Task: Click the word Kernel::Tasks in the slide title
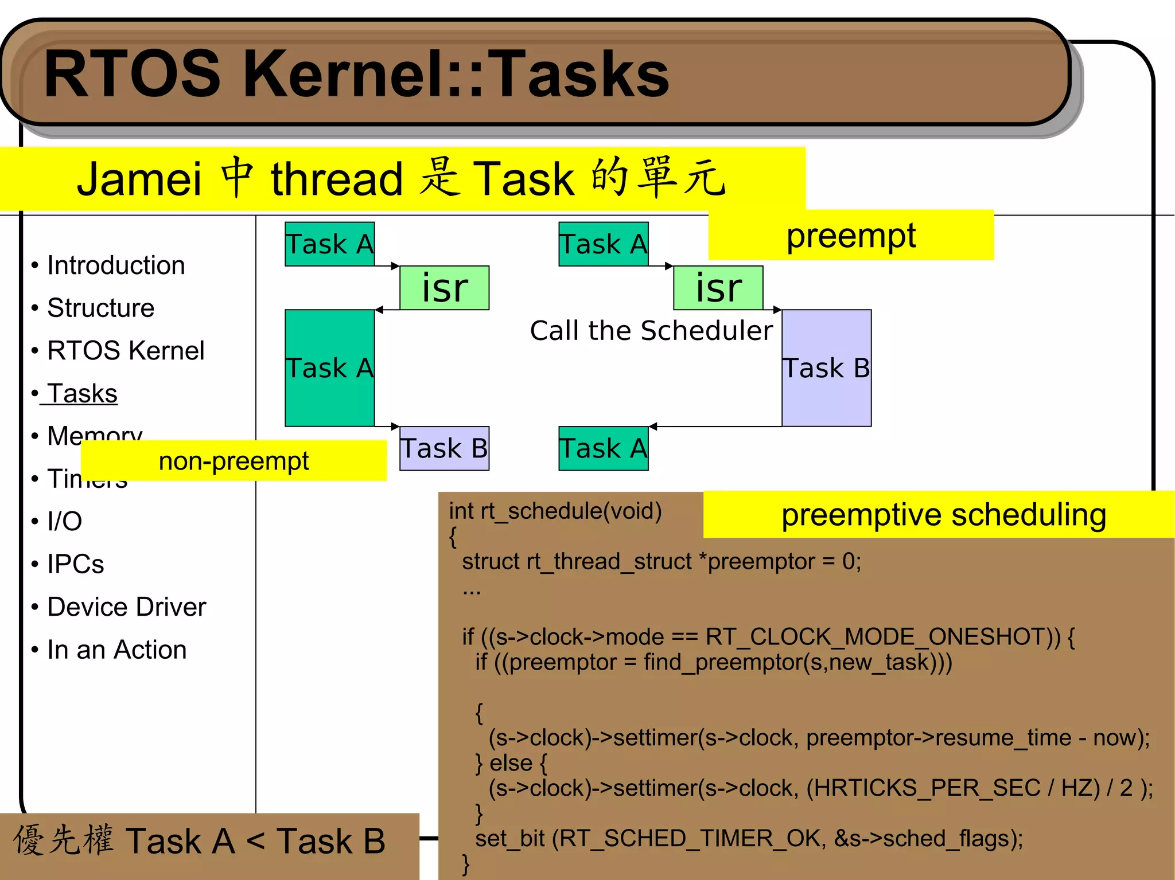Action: point(456,75)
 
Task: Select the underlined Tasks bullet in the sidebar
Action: point(82,394)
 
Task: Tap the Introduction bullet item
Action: point(115,265)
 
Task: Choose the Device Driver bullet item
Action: point(126,607)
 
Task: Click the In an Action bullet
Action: point(116,650)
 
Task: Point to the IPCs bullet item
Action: point(75,564)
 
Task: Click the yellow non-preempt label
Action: point(234,461)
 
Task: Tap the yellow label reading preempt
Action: point(850,236)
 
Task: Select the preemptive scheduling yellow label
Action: point(943,515)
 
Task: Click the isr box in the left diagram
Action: point(445,288)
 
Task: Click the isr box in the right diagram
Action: point(718,288)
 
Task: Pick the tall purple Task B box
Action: point(826,368)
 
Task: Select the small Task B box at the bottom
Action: point(444,448)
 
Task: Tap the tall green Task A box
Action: point(329,368)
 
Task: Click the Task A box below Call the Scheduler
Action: point(604,448)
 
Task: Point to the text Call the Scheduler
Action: point(651,331)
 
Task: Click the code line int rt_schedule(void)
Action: point(555,511)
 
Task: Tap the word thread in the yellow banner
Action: point(337,179)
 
